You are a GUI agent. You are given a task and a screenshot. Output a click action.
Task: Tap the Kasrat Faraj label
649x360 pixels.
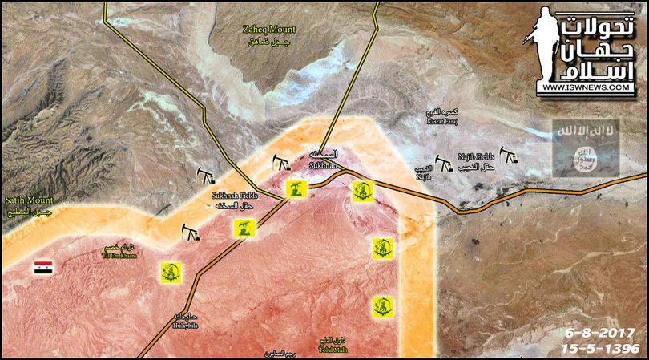coord(441,116)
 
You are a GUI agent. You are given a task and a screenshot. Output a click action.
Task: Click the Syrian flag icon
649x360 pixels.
coord(42,268)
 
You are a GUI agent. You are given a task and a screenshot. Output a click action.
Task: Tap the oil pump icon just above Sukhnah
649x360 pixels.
coord(280,163)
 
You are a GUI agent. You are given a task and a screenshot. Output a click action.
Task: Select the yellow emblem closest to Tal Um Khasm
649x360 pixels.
coord(170,272)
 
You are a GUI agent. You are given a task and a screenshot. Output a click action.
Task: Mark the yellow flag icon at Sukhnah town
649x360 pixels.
coord(296,190)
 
